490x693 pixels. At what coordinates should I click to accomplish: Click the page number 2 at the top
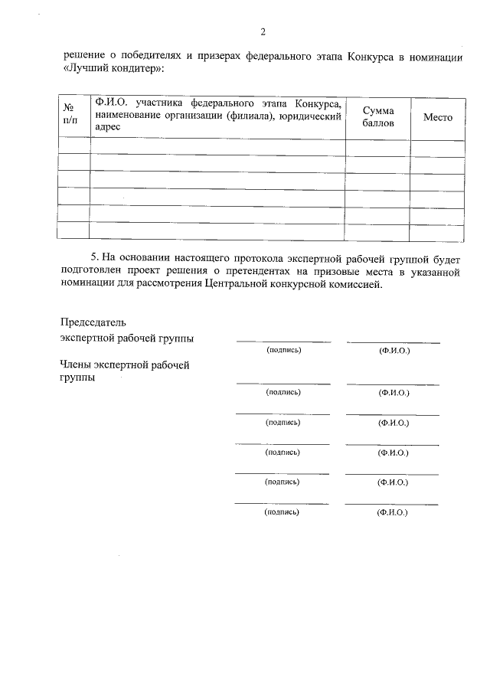(263, 32)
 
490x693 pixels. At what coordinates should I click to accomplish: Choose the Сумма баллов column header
(378, 117)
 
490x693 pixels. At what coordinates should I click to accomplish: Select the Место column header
(437, 117)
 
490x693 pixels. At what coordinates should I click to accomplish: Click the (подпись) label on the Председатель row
(284, 350)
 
